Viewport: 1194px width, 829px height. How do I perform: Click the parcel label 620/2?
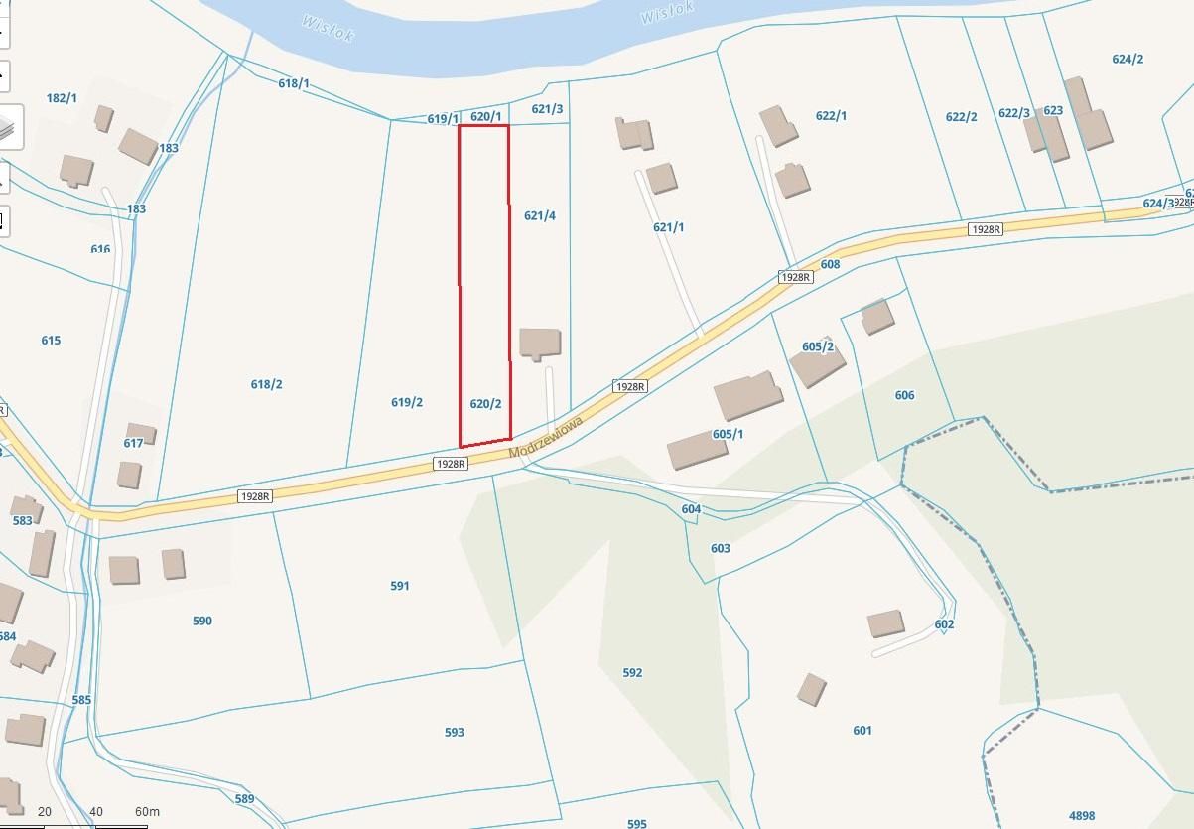pyautogui.click(x=485, y=404)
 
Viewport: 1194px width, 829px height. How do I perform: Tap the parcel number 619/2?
pyautogui.click(x=407, y=402)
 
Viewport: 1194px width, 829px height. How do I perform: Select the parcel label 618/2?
pyautogui.click(x=266, y=384)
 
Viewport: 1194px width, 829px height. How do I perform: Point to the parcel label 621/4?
pyautogui.click(x=539, y=215)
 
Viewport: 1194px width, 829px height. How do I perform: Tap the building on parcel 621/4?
pyautogui.click(x=540, y=343)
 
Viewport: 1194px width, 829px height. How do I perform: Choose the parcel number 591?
pyautogui.click(x=399, y=586)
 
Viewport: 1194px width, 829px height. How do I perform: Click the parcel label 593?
pyautogui.click(x=454, y=732)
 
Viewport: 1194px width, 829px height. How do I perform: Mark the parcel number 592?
pyautogui.click(x=632, y=672)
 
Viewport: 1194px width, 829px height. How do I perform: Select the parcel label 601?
pyautogui.click(x=862, y=731)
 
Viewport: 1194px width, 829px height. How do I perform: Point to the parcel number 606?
pyautogui.click(x=904, y=395)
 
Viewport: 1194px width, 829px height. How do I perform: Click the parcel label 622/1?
pyautogui.click(x=831, y=116)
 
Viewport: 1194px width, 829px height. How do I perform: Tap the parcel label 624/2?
pyautogui.click(x=1128, y=59)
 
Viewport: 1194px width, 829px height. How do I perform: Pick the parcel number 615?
pyautogui.click(x=51, y=341)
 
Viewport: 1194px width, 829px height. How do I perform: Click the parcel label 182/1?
pyautogui.click(x=62, y=98)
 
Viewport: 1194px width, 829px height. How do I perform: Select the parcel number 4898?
pyautogui.click(x=1083, y=815)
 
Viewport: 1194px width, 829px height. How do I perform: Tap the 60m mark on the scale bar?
pyautogui.click(x=147, y=812)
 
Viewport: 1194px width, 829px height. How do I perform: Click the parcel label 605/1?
pyautogui.click(x=728, y=434)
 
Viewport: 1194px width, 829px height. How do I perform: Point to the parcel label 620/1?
pyautogui.click(x=485, y=116)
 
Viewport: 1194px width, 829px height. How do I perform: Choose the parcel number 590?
pyautogui.click(x=201, y=621)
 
